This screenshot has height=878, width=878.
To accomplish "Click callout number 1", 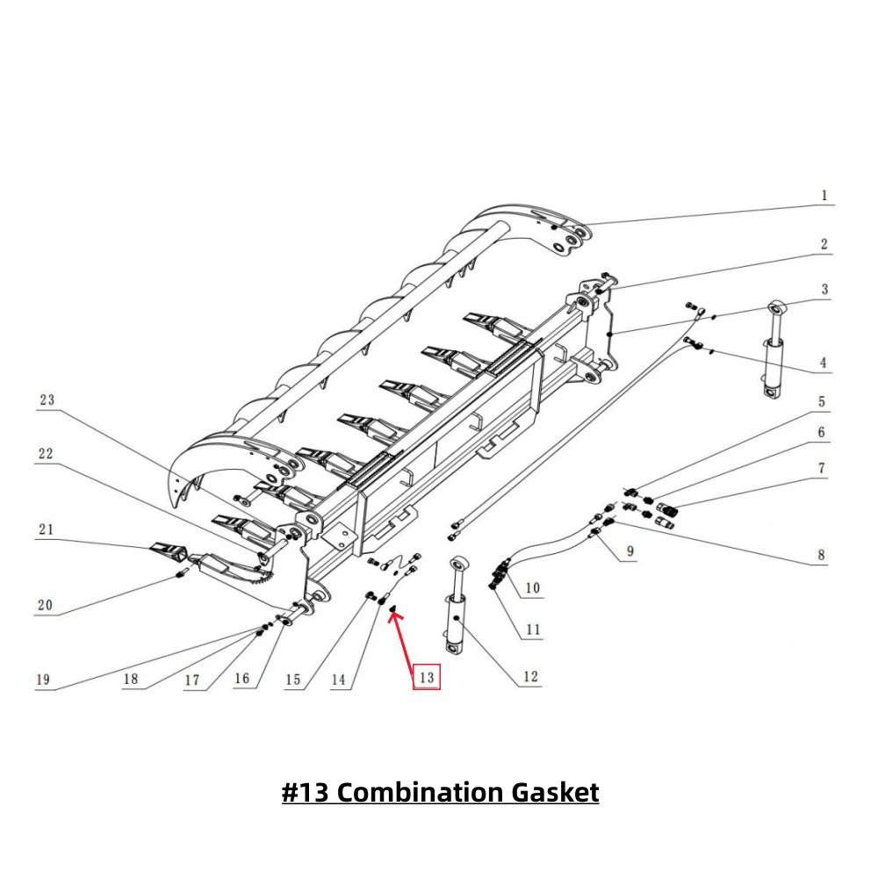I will click(824, 196).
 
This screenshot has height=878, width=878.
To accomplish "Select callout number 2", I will click(824, 244).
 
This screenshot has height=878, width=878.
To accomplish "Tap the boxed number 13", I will click(426, 677).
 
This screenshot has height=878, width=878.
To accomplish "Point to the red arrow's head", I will click(392, 611).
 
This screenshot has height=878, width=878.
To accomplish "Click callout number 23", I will click(47, 399).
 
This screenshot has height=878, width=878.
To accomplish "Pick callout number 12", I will click(530, 677).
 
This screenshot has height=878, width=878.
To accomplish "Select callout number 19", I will click(43, 679).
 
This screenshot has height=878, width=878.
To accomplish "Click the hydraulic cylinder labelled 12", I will click(458, 606).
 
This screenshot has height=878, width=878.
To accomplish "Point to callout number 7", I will click(822, 468).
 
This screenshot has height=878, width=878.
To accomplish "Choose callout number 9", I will click(630, 552).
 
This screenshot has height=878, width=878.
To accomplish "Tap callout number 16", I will click(241, 679).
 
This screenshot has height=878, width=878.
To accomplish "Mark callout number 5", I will click(822, 401).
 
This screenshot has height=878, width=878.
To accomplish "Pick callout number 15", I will click(292, 679).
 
